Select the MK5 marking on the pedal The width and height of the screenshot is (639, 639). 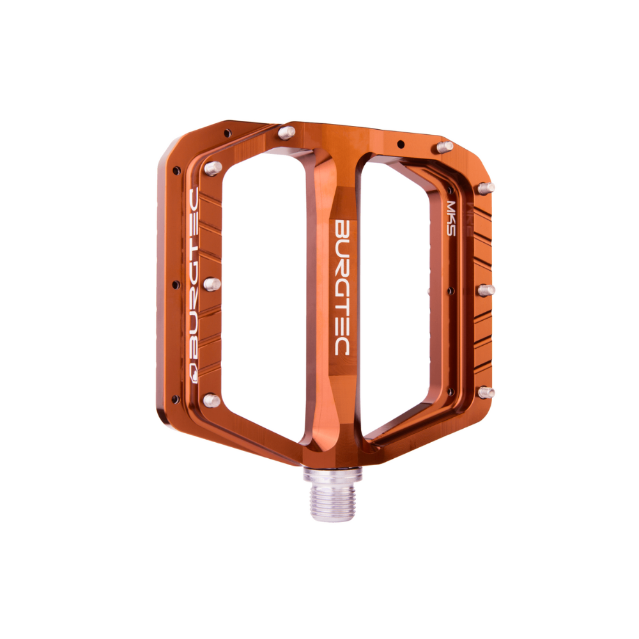click(451, 219)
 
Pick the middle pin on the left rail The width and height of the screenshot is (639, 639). click(212, 284)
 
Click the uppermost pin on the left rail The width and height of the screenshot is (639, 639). click(213, 168)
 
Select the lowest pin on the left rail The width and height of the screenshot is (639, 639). click(211, 400)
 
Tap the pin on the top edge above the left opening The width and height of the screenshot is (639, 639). click(287, 132)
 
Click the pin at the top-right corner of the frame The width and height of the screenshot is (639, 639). click(445, 146)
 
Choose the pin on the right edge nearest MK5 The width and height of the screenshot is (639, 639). click(486, 189)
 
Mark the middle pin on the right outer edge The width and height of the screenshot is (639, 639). click(486, 290)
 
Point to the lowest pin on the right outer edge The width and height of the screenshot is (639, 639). click(486, 392)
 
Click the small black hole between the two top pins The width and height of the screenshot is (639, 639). click(400, 143)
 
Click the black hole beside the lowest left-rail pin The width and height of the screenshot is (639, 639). click(176, 399)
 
